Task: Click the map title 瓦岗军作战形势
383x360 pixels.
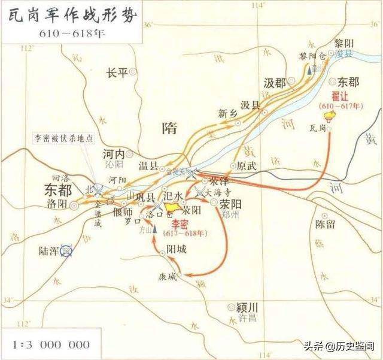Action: (70, 14)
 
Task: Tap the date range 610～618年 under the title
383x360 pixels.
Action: (69, 33)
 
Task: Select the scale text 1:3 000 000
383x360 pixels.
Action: (51, 344)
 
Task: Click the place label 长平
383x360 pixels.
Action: (117, 73)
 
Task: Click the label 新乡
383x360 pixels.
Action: (227, 113)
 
